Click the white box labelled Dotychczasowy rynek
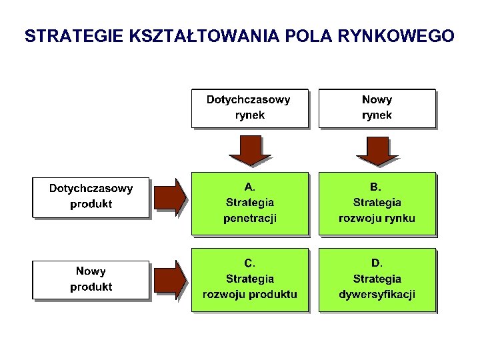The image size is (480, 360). click(249, 108)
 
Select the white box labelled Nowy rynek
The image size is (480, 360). click(377, 108)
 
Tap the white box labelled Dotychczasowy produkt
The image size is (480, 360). click(91, 197)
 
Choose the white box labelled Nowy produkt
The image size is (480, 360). click(91, 279)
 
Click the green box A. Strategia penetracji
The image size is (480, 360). click(250, 203)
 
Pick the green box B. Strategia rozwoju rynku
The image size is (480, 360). click(377, 203)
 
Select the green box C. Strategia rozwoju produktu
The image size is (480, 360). click(250, 279)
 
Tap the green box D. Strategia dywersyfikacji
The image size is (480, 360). click(377, 279)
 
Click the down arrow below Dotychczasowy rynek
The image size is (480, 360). click(251, 151)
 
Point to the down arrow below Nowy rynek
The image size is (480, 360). click(377, 151)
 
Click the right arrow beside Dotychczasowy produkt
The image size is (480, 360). click(169, 197)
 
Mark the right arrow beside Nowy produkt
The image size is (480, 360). click(169, 279)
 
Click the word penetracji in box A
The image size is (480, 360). click(250, 218)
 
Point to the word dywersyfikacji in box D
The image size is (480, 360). click(377, 294)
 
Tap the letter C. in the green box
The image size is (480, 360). click(250, 263)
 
